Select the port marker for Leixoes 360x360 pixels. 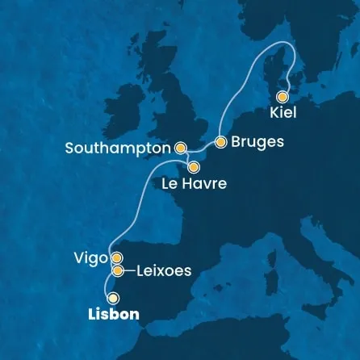tap(118, 270)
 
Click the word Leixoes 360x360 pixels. tap(164, 271)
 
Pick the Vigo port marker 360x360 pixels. tap(117, 258)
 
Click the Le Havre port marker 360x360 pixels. tap(194, 168)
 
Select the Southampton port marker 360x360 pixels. tap(180, 148)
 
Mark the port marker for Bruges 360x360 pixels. tap(219, 142)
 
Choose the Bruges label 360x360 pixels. tap(257, 142)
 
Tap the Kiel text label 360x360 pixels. tap(284, 112)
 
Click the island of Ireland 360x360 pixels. tap(125, 121)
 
